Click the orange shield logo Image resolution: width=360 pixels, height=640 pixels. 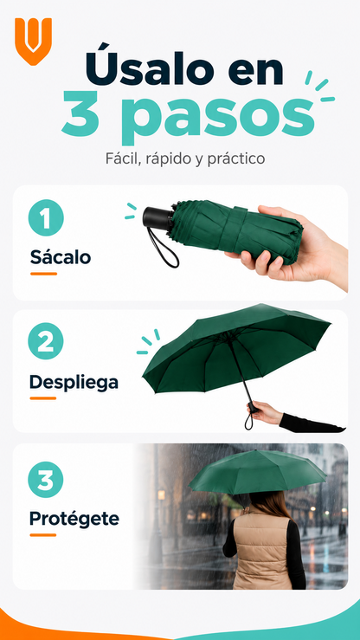coord(34,41)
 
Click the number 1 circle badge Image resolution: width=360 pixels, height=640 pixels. coord(46,217)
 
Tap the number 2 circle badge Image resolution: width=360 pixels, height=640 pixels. coord(46,341)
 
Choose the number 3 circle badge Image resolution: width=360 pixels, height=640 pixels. coord(46,480)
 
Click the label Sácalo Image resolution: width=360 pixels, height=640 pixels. coord(61,257)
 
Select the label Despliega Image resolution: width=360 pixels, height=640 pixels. coord(74,383)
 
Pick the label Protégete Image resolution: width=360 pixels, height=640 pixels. coord(74,519)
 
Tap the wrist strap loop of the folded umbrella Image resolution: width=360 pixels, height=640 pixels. coord(164,248)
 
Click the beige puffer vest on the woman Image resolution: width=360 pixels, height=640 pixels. coord(261,550)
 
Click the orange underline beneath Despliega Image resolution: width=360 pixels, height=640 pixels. coord(42,398)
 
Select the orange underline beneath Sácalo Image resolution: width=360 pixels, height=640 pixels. coord(43,274)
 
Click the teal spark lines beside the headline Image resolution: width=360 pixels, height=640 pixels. coord(320,86)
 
